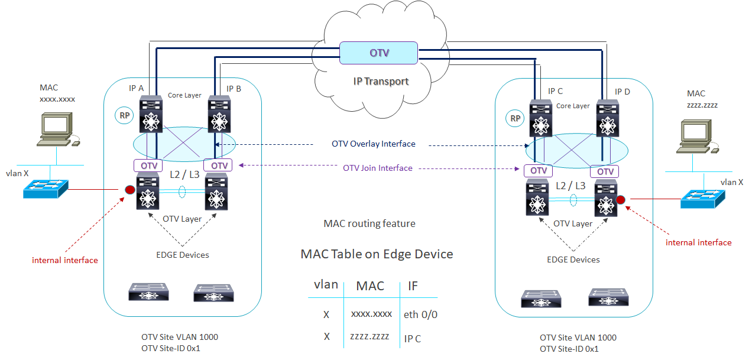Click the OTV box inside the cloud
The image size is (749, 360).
pyautogui.click(x=379, y=53)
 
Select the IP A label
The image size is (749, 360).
pyautogui.click(x=137, y=88)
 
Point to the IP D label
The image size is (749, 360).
pyautogui.click(x=622, y=92)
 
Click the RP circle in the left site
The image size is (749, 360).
pyautogui.click(x=125, y=116)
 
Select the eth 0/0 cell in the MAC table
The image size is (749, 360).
pyautogui.click(x=420, y=314)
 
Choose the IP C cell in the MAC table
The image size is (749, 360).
pyautogui.click(x=413, y=339)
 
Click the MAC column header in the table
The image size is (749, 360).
pyautogui.click(x=370, y=286)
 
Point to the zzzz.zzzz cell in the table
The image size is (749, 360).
pyautogui.click(x=370, y=336)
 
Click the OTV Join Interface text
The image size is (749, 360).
pyautogui.click(x=378, y=168)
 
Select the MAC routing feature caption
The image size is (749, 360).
pyautogui.click(x=369, y=223)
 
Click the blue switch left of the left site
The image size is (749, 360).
pyautogui.click(x=46, y=189)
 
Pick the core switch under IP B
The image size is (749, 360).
pyautogui.click(x=219, y=115)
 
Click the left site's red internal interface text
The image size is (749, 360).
pyautogui.click(x=65, y=260)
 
